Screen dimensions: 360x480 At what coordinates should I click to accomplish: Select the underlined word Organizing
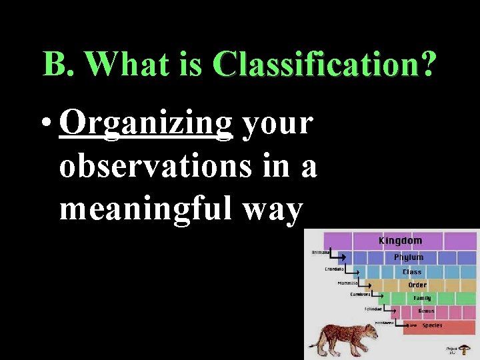pyautogui.click(x=145, y=124)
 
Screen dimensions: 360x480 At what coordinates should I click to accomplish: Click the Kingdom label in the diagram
pyautogui.click(x=400, y=241)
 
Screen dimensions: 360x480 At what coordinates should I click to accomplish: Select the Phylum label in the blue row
pyautogui.click(x=408, y=257)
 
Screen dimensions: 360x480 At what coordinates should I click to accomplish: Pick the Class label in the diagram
pyautogui.click(x=411, y=272)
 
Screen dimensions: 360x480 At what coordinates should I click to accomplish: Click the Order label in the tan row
pyautogui.click(x=417, y=285)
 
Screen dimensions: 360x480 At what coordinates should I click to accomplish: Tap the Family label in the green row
pyautogui.click(x=422, y=298)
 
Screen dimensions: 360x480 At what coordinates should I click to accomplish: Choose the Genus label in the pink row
pyautogui.click(x=426, y=311)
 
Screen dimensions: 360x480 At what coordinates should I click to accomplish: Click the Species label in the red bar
pyautogui.click(x=431, y=325)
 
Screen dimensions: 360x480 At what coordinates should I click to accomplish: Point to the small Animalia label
pyautogui.click(x=321, y=252)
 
